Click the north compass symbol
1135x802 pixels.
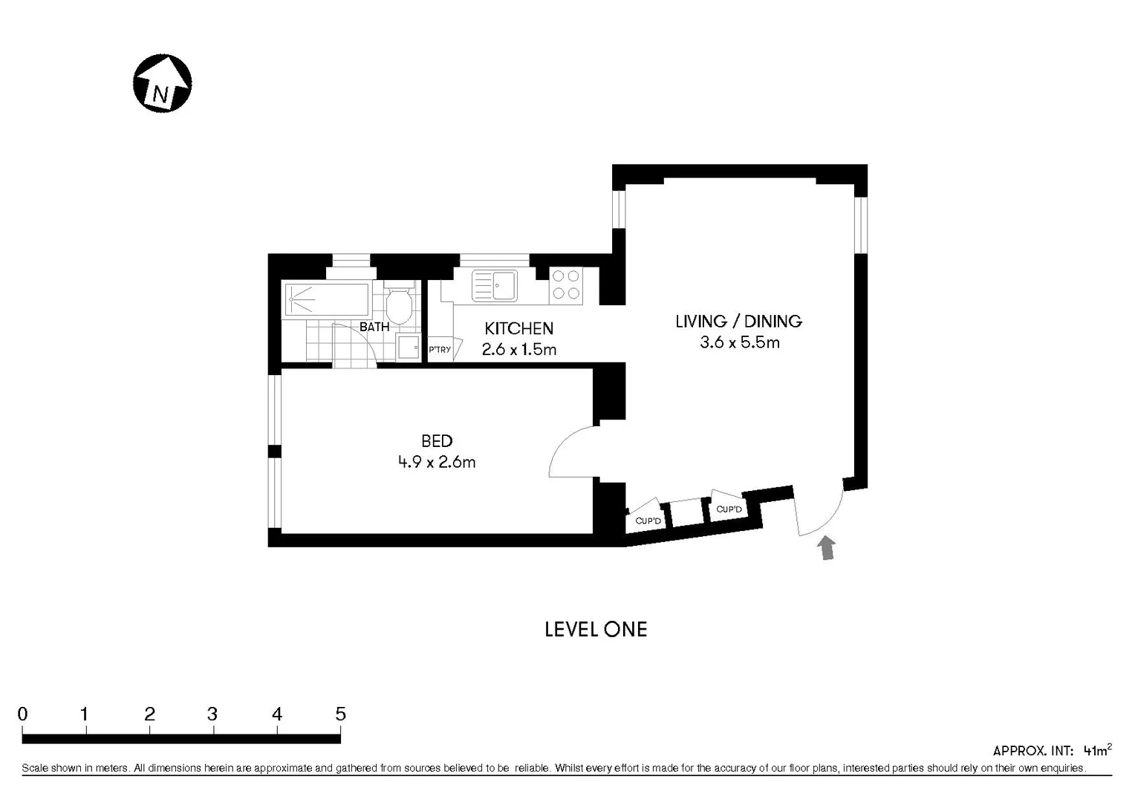coord(162,83)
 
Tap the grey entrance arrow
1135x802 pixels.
coord(826,548)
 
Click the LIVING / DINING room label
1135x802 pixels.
coord(738,322)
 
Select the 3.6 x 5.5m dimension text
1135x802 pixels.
coord(739,342)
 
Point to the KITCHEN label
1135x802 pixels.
coord(518,328)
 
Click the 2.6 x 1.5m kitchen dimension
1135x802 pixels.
coord(518,349)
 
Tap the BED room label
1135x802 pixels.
coord(437,441)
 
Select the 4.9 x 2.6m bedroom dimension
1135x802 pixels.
coord(437,462)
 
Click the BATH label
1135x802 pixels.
coord(374,327)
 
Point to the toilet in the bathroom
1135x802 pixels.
coord(400,304)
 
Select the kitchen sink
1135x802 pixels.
coord(495,286)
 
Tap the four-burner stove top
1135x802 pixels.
coord(566,286)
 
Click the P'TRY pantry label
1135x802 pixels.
coord(440,350)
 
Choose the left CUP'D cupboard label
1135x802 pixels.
coord(648,521)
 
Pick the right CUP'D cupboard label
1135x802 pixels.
coord(729,509)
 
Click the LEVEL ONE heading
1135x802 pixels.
coord(596,630)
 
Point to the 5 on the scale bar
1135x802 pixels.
coord(340,714)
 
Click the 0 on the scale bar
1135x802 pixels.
coord(23,714)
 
